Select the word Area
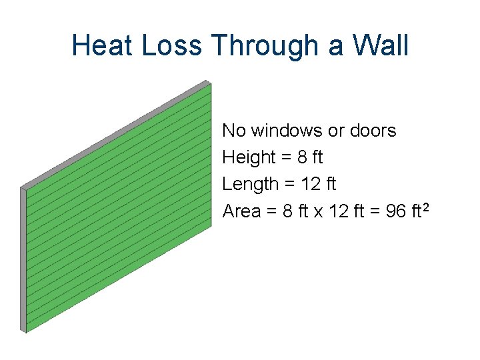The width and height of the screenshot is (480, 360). click(241, 211)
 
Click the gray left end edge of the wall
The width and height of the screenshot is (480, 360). click(23, 260)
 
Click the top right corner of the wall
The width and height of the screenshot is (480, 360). click(209, 82)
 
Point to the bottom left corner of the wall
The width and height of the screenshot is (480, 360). click(24, 331)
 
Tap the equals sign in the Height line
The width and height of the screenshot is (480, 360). click(287, 157)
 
